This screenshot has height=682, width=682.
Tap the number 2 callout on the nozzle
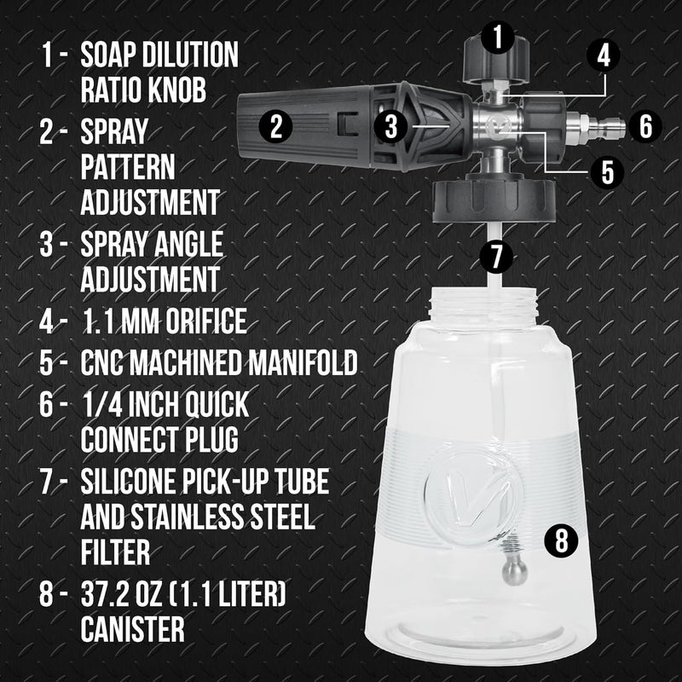click(x=275, y=127)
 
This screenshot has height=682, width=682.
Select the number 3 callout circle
click(x=391, y=127)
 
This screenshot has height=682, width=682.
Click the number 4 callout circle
click(x=603, y=56)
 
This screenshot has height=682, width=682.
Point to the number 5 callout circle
click(x=607, y=170)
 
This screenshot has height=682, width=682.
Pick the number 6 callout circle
click(x=645, y=127)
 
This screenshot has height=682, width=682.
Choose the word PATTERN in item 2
click(x=128, y=166)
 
